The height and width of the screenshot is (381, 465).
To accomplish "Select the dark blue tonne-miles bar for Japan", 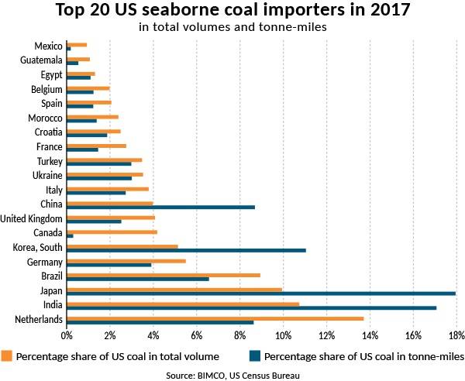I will click(261, 293).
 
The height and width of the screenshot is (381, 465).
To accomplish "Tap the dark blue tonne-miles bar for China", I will click(161, 207).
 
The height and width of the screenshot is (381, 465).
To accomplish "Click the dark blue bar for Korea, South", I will click(187, 250).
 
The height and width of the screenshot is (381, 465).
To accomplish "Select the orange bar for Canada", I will click(112, 232).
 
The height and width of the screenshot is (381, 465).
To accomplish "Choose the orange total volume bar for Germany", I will click(126, 261).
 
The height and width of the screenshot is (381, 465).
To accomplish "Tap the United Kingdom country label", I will click(32, 218).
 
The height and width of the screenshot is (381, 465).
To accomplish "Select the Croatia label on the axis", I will click(48, 132).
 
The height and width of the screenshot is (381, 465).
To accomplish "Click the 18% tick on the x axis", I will click(454, 336).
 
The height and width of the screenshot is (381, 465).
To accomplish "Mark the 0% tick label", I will click(67, 336).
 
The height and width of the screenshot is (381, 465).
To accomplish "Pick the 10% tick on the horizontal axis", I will click(283, 336).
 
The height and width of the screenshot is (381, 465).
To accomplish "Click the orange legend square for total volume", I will click(7, 357).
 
